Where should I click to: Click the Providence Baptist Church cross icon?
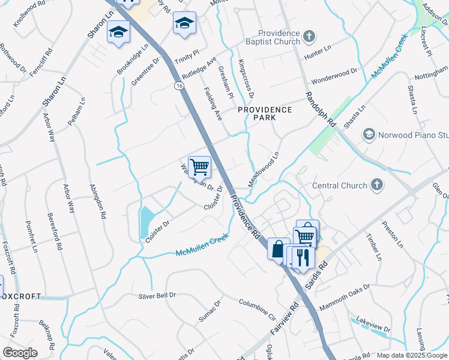pyautogui.click(x=309, y=38)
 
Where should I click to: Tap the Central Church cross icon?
pyautogui.click(x=377, y=185)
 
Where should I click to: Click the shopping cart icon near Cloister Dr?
pyautogui.click(x=199, y=167)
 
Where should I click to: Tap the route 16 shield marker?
pyautogui.click(x=179, y=87)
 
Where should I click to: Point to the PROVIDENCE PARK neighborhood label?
pyautogui.click(x=265, y=113)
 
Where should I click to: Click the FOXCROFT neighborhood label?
pyautogui.click(x=20, y=296)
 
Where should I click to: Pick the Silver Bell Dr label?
pyautogui.click(x=157, y=296)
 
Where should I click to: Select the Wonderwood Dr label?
pyautogui.click(x=333, y=76)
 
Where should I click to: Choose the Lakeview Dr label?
pyautogui.click(x=373, y=324)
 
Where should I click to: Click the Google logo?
pyautogui.click(x=20, y=353)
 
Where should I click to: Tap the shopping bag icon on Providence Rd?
pyautogui.click(x=278, y=248)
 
